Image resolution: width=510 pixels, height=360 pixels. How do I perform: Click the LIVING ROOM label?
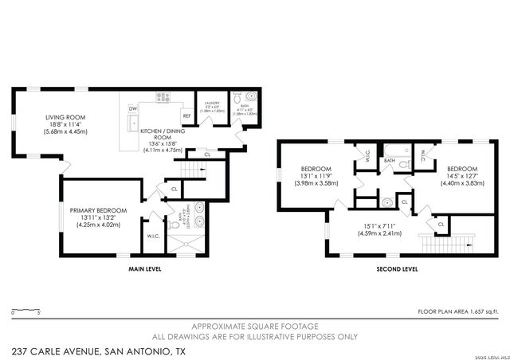click(x=65, y=118)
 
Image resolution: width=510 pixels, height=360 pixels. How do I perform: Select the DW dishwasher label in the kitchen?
click(x=132, y=108)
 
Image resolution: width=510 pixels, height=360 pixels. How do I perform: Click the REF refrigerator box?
click(x=186, y=116)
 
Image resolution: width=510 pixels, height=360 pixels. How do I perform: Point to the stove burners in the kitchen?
click(x=164, y=97)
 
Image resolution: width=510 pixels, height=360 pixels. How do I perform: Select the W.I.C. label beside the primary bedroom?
click(x=153, y=236)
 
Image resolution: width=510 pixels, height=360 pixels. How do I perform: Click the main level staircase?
click(x=192, y=169)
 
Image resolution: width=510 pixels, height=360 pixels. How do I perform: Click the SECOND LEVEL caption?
click(x=396, y=269)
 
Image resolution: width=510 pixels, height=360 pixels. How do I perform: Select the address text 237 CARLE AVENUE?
click(x=100, y=350)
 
